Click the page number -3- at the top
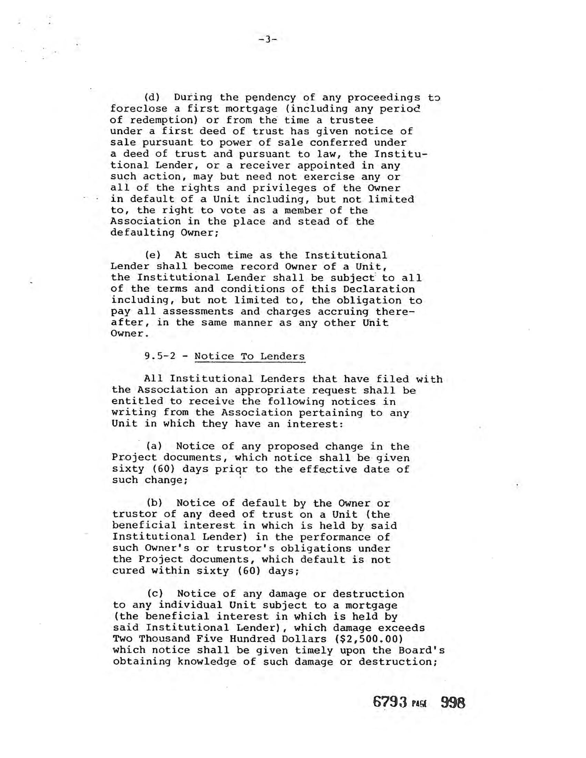267,40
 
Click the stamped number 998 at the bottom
453,703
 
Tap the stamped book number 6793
390,703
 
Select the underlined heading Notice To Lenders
250,357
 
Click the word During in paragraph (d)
193,98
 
